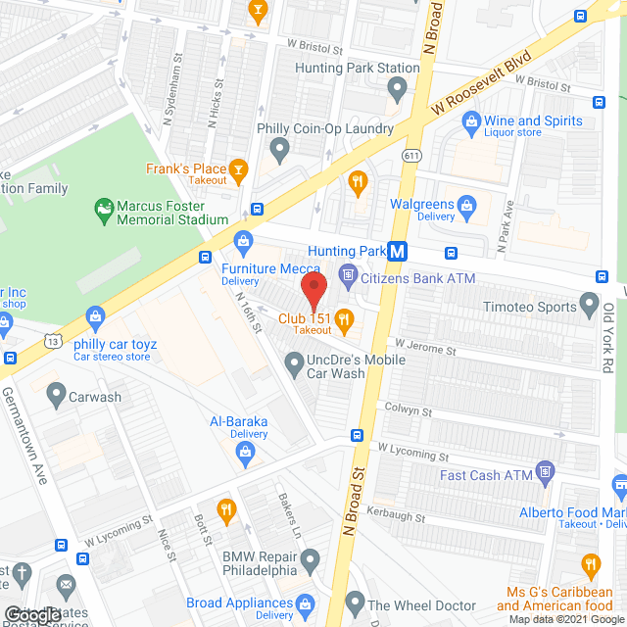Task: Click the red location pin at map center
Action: point(313,292)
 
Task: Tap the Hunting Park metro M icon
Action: point(397,252)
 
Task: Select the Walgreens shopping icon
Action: point(466,205)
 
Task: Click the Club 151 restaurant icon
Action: point(344,317)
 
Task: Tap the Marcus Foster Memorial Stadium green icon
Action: point(103,208)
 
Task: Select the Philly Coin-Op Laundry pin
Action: point(280,150)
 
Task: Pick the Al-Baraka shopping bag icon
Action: point(245,451)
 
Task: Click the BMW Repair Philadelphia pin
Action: point(311,561)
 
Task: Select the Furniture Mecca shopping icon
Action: point(242,240)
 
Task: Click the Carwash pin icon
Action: point(55,397)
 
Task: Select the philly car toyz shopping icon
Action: point(95,315)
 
